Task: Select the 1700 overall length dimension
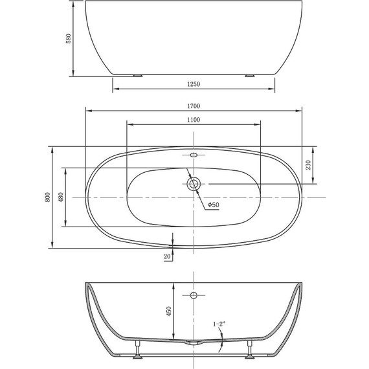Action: click(194, 106)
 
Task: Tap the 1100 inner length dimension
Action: click(193, 120)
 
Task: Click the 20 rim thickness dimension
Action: click(168, 256)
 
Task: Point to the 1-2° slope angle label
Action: click(219, 323)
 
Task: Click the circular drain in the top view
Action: click(193, 184)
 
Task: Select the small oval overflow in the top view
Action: click(193, 155)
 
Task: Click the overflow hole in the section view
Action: click(193, 296)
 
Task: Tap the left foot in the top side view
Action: click(137, 75)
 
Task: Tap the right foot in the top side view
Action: click(250, 75)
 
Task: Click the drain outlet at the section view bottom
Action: click(192, 341)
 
